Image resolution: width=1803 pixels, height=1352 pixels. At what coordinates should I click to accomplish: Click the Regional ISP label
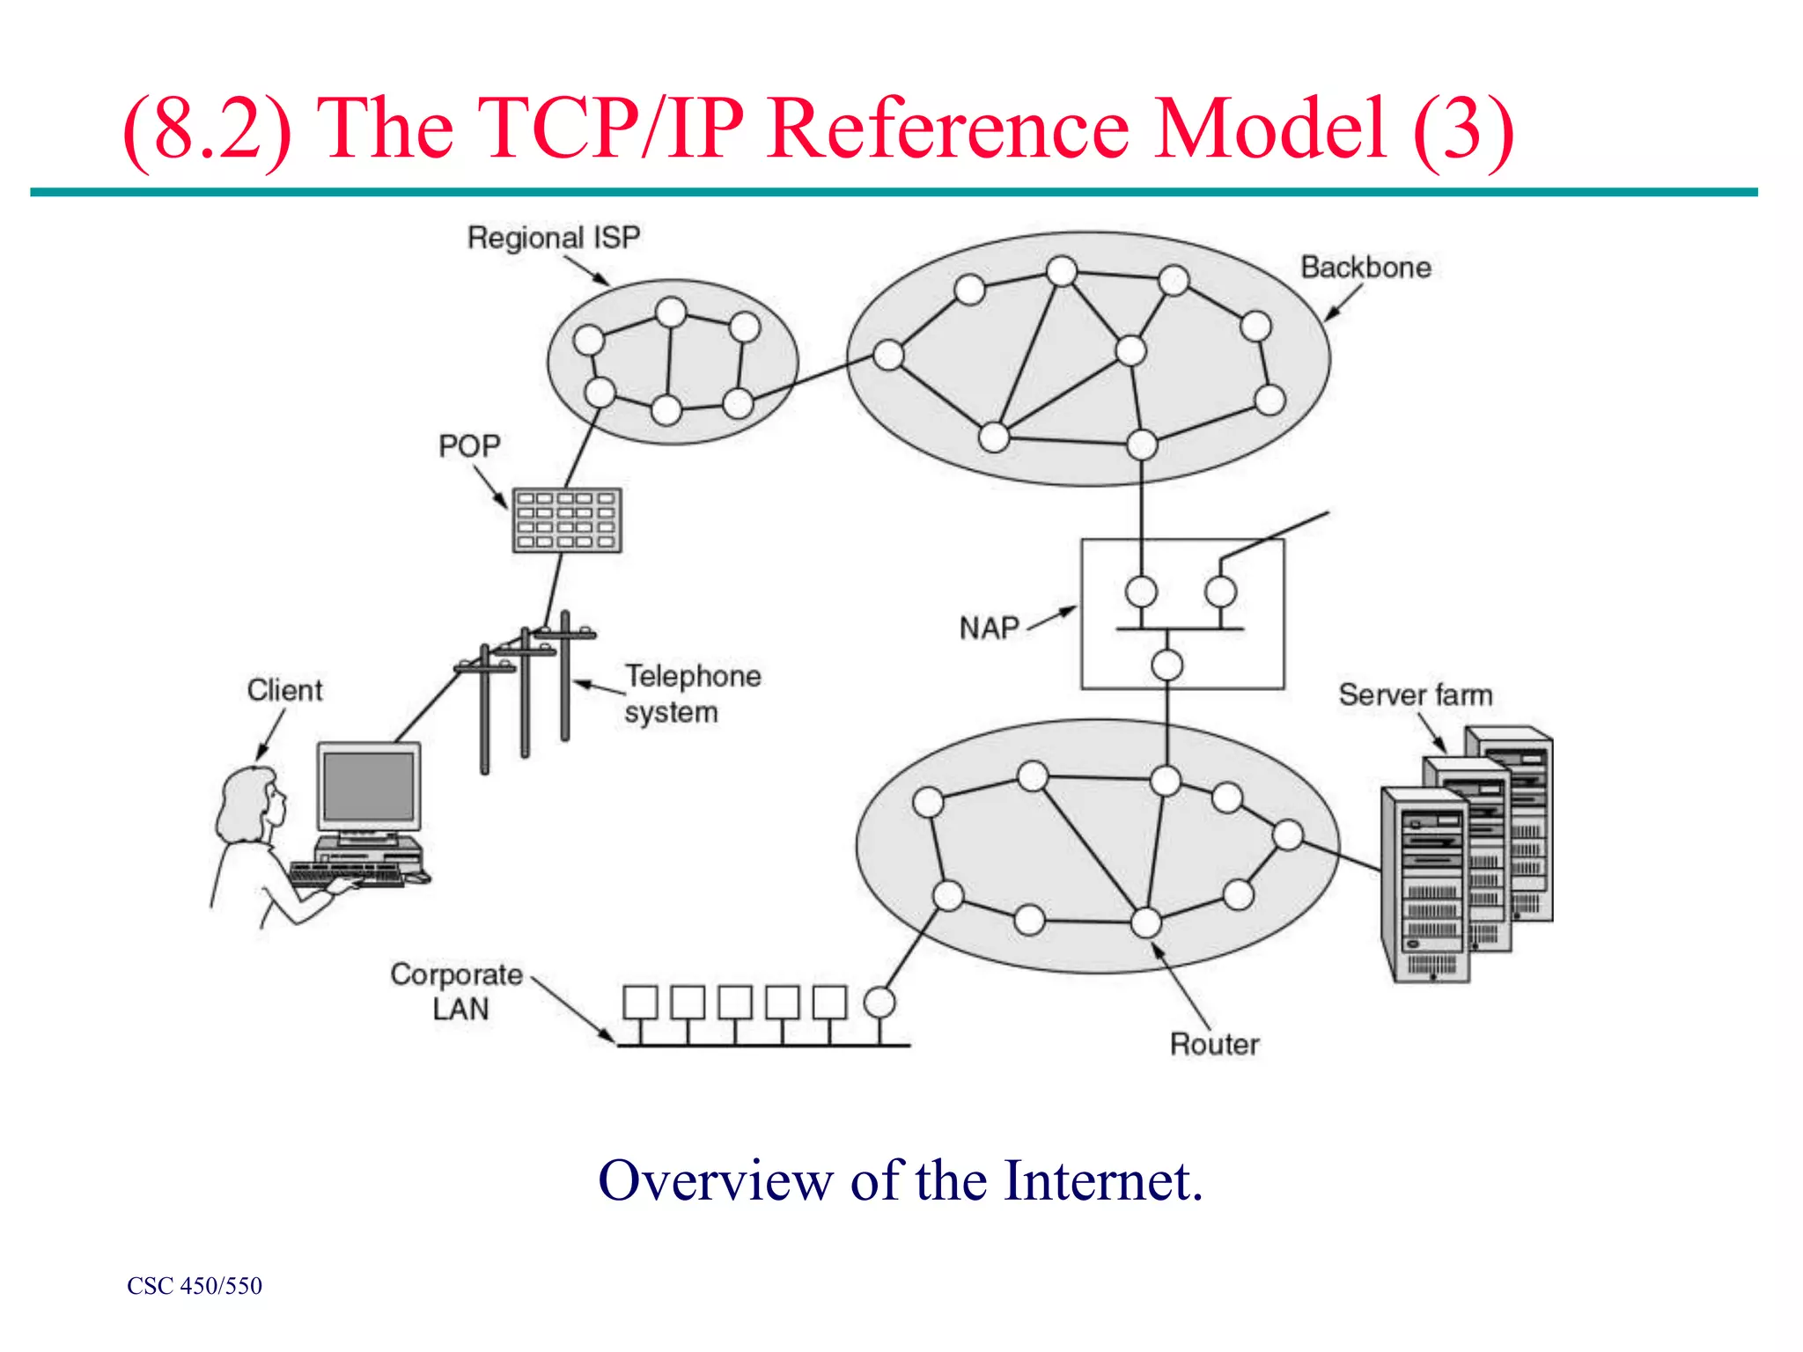[x=553, y=238]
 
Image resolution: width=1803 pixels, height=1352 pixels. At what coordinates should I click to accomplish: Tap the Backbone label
[x=1365, y=268]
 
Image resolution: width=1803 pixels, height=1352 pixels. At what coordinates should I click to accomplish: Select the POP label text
[x=469, y=446]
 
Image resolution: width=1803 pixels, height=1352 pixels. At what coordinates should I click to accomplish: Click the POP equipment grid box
[x=567, y=520]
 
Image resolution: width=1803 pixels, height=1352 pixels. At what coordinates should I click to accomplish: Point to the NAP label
[x=989, y=628]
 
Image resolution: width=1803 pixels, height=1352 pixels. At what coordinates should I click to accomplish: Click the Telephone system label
[x=692, y=694]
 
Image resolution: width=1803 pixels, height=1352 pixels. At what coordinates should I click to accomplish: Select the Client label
[x=284, y=690]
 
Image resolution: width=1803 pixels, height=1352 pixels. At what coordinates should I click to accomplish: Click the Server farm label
[x=1416, y=695]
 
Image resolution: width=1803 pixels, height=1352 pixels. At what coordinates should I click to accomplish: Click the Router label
[x=1214, y=1045]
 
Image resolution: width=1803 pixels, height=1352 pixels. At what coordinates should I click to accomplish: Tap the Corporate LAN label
[x=457, y=991]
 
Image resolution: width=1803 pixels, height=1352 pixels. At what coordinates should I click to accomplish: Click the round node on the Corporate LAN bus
[x=879, y=1002]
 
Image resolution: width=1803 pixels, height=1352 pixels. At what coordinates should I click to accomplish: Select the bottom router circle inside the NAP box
[x=1167, y=665]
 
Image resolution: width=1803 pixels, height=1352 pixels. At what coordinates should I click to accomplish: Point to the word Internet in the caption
[x=1102, y=1180]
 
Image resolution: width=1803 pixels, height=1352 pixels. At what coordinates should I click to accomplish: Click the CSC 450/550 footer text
[x=195, y=1286]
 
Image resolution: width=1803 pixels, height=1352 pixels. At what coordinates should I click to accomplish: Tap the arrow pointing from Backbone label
[x=1343, y=303]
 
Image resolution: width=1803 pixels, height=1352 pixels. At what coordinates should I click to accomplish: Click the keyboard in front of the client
[x=345, y=873]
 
